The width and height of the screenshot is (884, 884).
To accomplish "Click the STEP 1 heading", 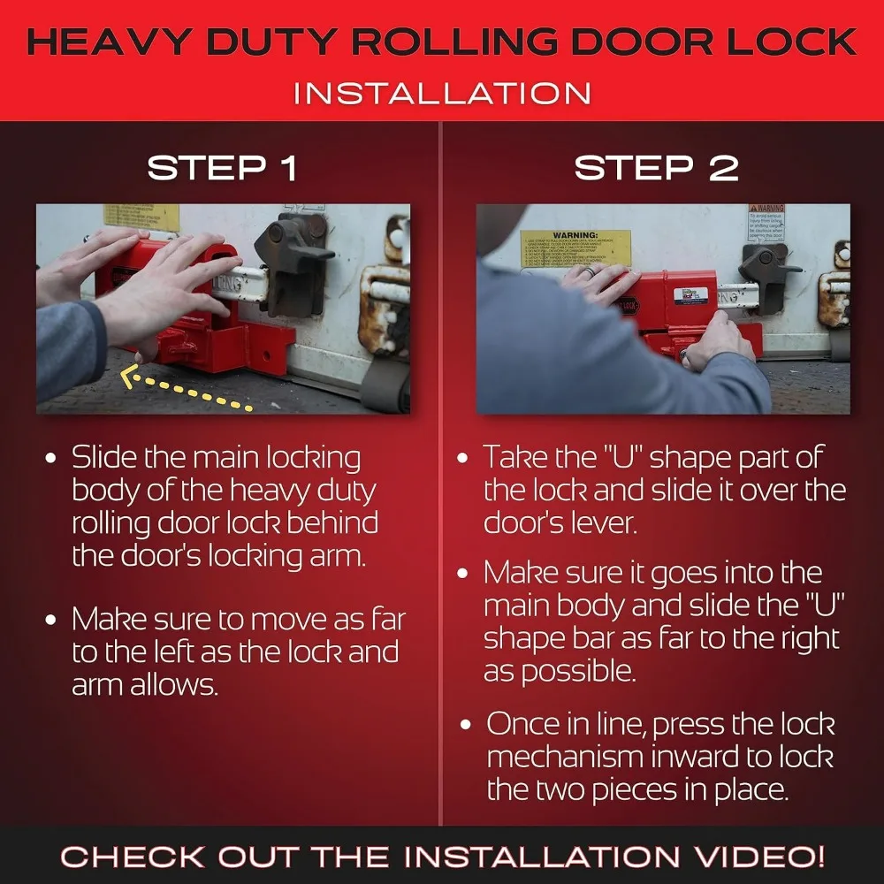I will [x=222, y=168].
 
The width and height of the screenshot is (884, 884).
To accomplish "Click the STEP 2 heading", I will [x=656, y=168].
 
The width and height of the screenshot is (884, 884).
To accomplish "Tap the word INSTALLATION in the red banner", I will [x=442, y=93].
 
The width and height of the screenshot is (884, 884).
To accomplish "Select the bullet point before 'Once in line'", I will [x=465, y=725].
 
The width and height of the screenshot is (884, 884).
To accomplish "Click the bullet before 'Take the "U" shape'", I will [x=462, y=458].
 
